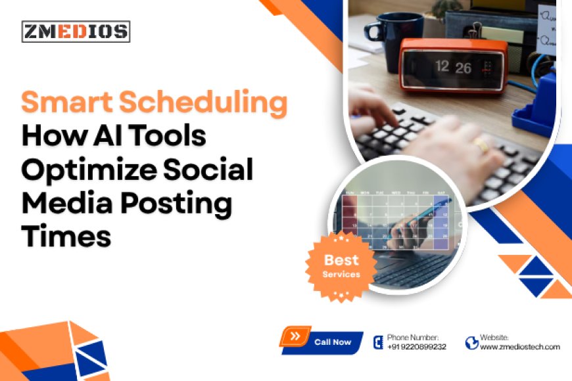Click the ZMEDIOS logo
click(76, 32)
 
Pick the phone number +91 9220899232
click(416, 347)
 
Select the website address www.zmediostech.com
click(519, 347)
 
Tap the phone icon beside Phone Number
click(378, 342)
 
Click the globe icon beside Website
click(471, 342)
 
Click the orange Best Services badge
click(341, 265)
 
